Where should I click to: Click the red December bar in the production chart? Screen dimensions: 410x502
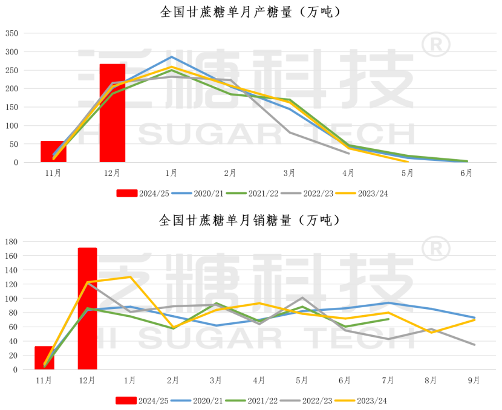(x=112, y=113)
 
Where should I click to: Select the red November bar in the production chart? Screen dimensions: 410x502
(x=53, y=151)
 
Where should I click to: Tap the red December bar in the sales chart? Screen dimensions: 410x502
(x=87, y=308)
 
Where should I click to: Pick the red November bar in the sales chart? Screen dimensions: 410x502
(x=44, y=357)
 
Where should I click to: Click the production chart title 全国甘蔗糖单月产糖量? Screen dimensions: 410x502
(x=250, y=12)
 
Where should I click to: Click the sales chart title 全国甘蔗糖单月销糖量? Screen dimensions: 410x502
(x=250, y=220)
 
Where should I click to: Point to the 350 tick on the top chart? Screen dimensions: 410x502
(x=12, y=33)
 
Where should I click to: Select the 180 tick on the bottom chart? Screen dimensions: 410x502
(x=12, y=241)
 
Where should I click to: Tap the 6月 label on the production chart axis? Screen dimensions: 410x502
(x=466, y=174)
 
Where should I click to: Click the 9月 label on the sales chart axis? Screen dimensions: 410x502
(x=474, y=381)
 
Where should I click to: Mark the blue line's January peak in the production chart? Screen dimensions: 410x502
(x=172, y=57)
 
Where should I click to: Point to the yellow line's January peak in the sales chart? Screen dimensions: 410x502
(x=130, y=277)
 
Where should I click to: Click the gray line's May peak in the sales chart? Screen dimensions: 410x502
(x=302, y=298)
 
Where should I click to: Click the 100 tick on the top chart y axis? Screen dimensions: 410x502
(x=12, y=125)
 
